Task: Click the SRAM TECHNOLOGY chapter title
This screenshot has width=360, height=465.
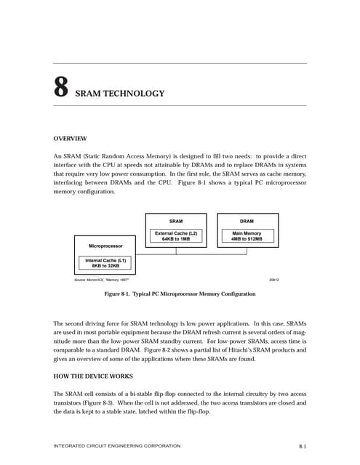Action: pyautogui.click(x=120, y=94)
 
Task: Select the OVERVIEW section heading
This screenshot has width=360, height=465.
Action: pyautogui.click(x=71, y=138)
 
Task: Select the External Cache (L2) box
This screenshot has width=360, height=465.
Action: pyautogui.click(x=176, y=235)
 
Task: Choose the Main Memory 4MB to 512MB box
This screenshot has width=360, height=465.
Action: pyautogui.click(x=247, y=235)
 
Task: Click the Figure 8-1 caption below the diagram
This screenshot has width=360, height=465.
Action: pyautogui.click(x=180, y=294)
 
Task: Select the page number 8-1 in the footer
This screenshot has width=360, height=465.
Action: pyautogui.click(x=302, y=445)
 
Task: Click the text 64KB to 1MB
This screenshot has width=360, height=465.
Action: pyautogui.click(x=176, y=238)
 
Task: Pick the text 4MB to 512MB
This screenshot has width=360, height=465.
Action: pyautogui.click(x=247, y=238)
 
